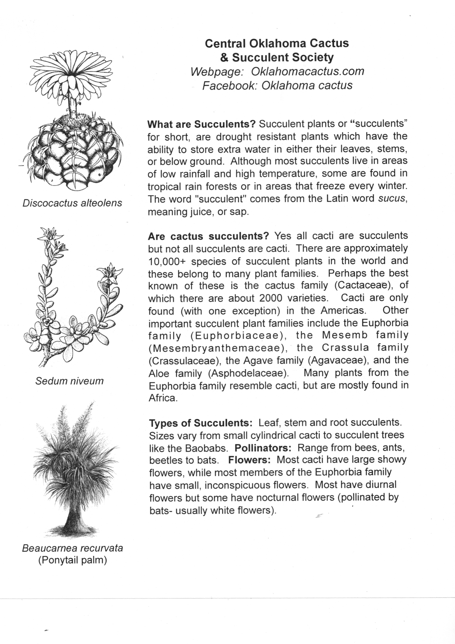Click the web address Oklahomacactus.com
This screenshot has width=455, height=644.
(307, 71)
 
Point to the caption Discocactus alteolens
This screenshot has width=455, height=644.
(72, 203)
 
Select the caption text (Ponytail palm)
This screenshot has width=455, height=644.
(72, 560)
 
